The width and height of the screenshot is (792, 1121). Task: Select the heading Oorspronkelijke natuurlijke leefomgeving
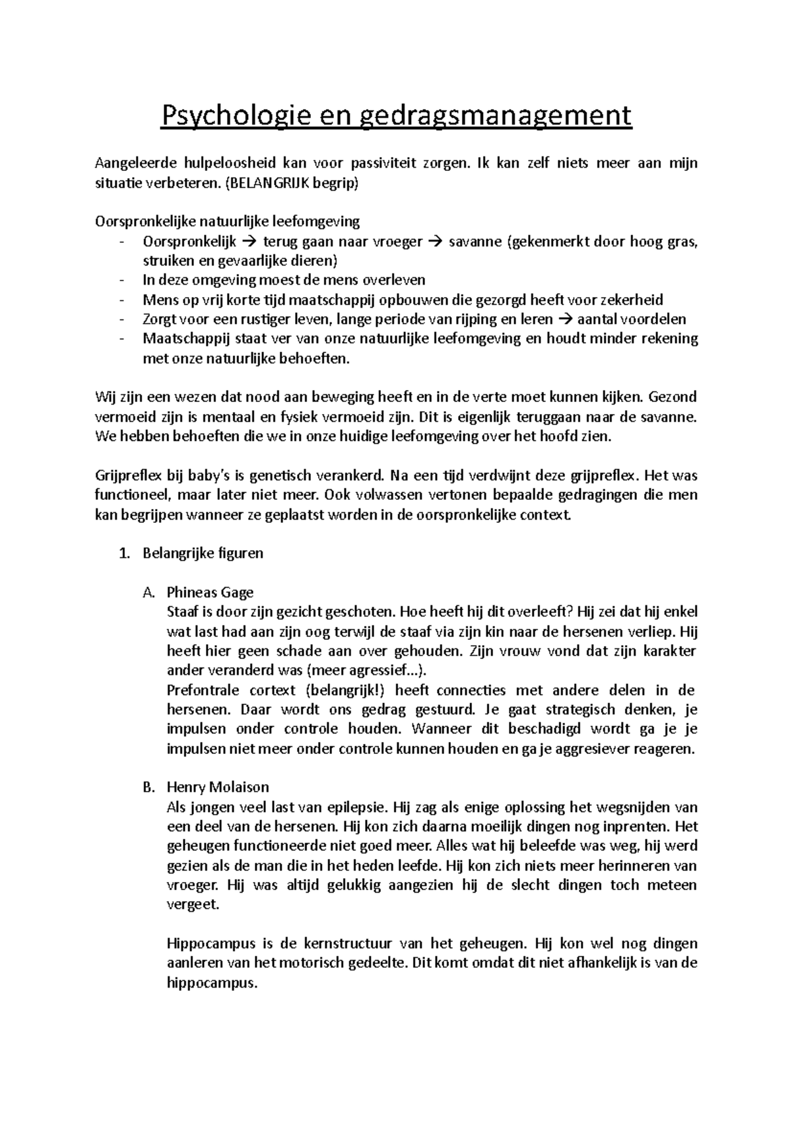click(x=228, y=221)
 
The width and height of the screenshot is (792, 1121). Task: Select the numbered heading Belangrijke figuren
click(x=203, y=553)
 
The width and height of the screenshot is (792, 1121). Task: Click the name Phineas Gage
click(x=210, y=592)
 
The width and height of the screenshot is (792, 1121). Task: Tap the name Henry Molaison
click(x=218, y=787)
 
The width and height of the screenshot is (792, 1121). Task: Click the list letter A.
click(x=148, y=592)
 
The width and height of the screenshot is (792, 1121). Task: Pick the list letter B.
click(x=148, y=787)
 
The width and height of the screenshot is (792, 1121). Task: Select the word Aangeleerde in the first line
click(x=129, y=163)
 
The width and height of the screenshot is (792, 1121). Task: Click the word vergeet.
click(x=192, y=904)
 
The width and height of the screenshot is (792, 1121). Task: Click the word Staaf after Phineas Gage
click(x=181, y=612)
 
